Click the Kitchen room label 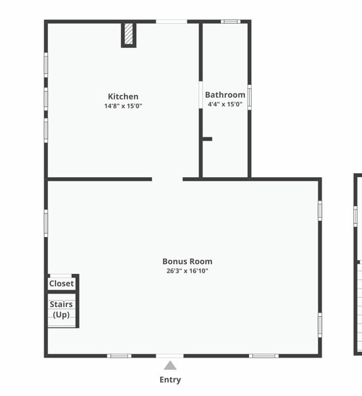pyautogui.click(x=123, y=96)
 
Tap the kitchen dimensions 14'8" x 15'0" pyautogui.click(x=123, y=106)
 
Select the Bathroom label pyautogui.click(x=225, y=95)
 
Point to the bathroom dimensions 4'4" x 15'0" pyautogui.click(x=225, y=104)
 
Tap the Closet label pyautogui.click(x=61, y=284)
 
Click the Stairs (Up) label pyautogui.click(x=61, y=309)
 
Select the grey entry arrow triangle pyautogui.click(x=170, y=366)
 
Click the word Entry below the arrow pyautogui.click(x=170, y=380)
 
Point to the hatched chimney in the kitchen pyautogui.click(x=129, y=34)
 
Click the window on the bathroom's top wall pyautogui.click(x=231, y=22)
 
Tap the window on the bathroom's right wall pyautogui.click(x=249, y=97)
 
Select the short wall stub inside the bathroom pyautogui.click(x=207, y=139)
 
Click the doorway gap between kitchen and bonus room pyautogui.click(x=167, y=179)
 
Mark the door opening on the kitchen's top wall pyautogui.click(x=172, y=22)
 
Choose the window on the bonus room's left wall pyautogui.click(x=46, y=223)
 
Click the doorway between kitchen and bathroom pyautogui.click(x=201, y=95)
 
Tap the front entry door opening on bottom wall pyautogui.click(x=170, y=356)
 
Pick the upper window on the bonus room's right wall pyautogui.click(x=320, y=210)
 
